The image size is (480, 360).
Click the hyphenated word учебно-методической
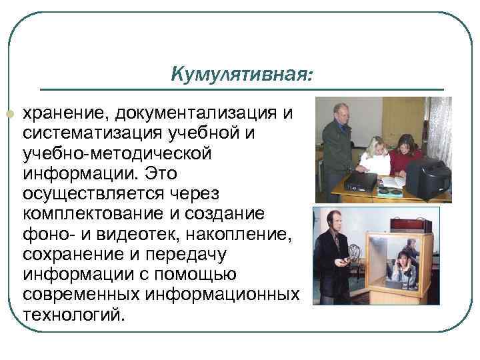click(118, 153)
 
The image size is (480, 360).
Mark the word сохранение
click(68, 255)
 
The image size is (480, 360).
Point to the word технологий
click(73, 315)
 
